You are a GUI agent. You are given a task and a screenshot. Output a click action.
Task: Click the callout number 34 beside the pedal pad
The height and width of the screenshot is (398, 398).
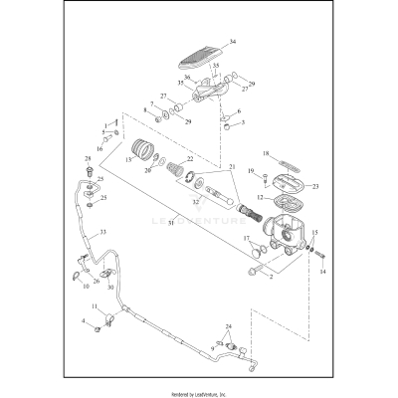[232, 42]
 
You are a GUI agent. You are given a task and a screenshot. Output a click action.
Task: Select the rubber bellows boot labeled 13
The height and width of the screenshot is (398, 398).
[146, 150]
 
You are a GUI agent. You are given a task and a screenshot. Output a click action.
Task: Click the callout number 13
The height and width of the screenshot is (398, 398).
[127, 158]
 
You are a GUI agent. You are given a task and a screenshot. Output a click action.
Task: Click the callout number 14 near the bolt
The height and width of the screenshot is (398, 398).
[321, 270]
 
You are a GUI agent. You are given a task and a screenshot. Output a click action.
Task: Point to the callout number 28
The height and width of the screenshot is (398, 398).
[88, 158]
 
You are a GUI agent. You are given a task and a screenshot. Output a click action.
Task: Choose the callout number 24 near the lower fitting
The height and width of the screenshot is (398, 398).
[228, 327]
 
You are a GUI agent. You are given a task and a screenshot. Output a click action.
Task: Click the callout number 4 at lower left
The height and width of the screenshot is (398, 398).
[83, 321]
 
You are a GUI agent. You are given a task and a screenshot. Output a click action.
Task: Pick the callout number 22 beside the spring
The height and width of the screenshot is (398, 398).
[190, 159]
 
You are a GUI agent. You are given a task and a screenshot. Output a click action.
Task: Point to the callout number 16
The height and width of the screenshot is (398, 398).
[99, 148]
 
